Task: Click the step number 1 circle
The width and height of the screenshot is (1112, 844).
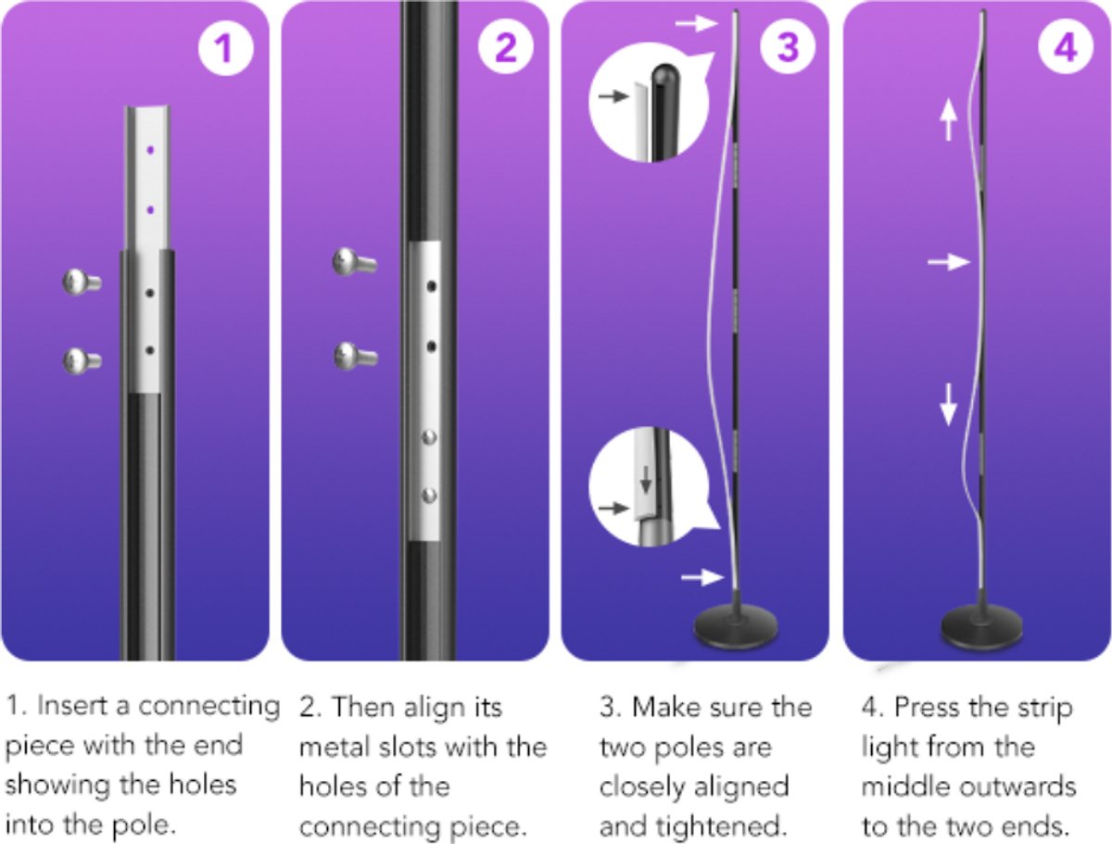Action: coord(225,48)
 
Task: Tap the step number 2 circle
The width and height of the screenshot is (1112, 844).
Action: coord(506,48)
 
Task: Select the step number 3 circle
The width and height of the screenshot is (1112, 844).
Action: coord(788,48)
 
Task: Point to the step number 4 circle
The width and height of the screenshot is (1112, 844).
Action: coord(1066,48)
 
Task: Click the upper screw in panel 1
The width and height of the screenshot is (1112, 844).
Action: coord(82,282)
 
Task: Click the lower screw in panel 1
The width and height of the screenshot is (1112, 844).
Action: coord(82,360)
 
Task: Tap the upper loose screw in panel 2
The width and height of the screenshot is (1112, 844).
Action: coord(354,262)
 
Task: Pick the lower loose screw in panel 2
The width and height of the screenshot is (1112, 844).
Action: coord(355,357)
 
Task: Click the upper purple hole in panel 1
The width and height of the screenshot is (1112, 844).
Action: coord(150,150)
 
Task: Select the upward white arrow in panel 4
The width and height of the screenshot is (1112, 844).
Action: coord(948,120)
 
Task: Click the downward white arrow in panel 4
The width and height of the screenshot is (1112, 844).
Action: coord(948,404)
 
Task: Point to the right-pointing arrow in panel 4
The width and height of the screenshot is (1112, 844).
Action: coord(948,262)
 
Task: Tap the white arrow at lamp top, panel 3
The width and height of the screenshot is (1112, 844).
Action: coord(697,23)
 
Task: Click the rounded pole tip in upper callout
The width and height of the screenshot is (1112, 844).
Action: coord(665,75)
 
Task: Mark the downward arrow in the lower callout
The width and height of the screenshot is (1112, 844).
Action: coord(645,479)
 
